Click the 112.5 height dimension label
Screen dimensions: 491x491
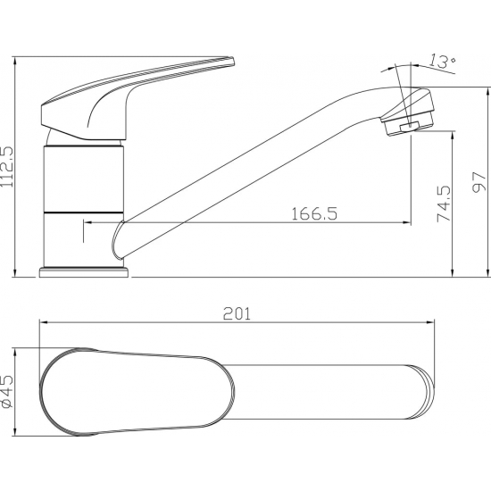[x=7, y=167]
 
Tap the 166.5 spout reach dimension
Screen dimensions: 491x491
[x=314, y=214]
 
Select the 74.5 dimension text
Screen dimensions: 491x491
[x=444, y=204]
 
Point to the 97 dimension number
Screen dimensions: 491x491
[x=479, y=182]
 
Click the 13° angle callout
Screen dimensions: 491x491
[x=442, y=61]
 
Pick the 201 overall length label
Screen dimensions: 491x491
[x=237, y=313]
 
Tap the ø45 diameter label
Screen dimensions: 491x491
[x=7, y=391]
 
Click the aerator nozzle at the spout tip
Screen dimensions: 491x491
[x=408, y=123]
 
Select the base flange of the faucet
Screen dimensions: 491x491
[x=84, y=272]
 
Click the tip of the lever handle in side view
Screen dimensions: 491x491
[x=232, y=61]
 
